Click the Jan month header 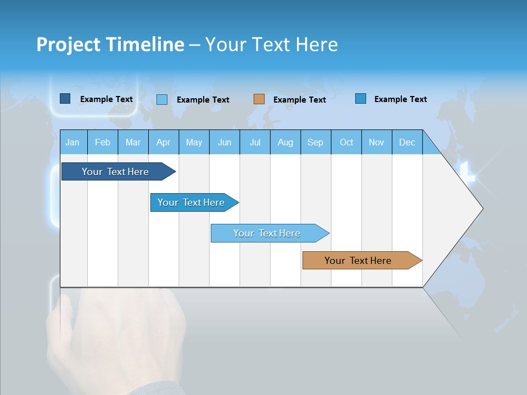[72, 142]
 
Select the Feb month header [103, 142]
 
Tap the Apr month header [163, 142]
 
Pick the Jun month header [225, 142]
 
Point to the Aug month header [285, 142]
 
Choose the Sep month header [315, 142]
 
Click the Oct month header [346, 142]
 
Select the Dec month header [407, 142]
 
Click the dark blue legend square [65, 99]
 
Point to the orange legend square [259, 99]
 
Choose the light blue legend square [162, 99]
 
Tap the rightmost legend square [361, 99]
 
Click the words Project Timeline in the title [110, 44]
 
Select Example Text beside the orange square [299, 100]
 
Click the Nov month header [377, 142]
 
